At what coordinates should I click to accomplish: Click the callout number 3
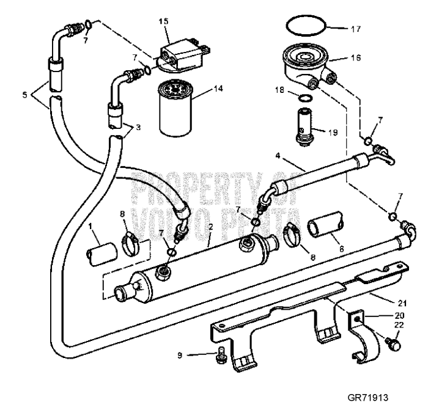click(x=139, y=127)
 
